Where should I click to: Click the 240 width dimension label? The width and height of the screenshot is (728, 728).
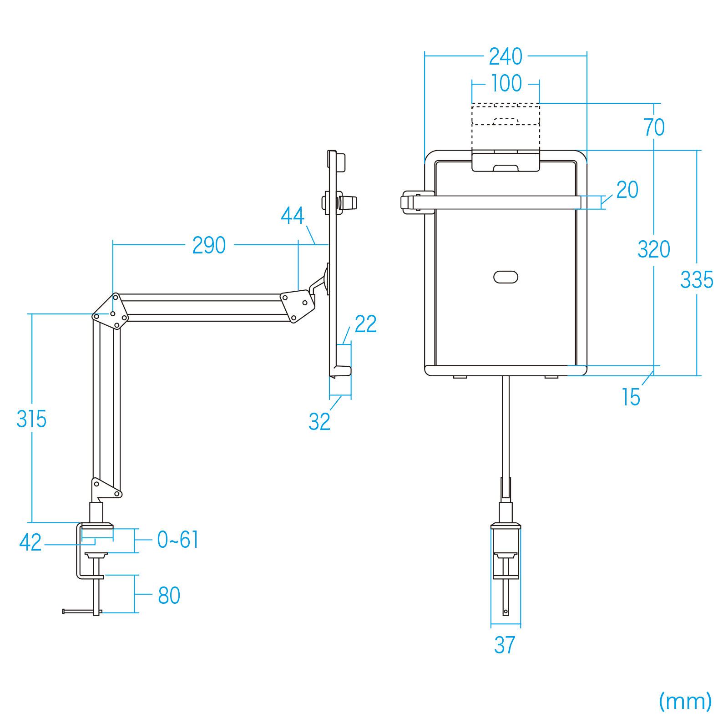(x=506, y=56)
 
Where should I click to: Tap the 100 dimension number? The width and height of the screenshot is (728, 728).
(x=506, y=83)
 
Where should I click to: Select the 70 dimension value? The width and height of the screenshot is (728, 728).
(x=654, y=127)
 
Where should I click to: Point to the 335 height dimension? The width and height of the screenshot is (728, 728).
(x=697, y=279)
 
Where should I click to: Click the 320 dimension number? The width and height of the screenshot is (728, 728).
(x=654, y=249)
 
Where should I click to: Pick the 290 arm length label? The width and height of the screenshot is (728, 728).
(x=209, y=245)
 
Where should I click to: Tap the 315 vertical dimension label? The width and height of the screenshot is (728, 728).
(x=31, y=419)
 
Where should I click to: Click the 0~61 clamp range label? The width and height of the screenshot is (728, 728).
(x=178, y=540)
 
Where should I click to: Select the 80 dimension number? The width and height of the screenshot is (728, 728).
(x=169, y=596)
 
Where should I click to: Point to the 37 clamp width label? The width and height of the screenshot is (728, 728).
(x=505, y=645)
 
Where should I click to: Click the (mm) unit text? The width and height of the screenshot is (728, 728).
(x=685, y=701)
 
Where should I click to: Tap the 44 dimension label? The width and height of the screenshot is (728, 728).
(x=292, y=216)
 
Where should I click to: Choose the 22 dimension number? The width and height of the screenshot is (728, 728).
(x=366, y=324)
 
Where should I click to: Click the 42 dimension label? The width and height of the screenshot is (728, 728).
(x=30, y=542)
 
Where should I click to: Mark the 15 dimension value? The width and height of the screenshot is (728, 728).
(x=631, y=397)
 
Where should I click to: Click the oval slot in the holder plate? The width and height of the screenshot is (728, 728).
(x=506, y=277)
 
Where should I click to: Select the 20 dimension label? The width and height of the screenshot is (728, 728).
(x=627, y=190)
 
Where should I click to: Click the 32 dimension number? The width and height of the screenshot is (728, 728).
(x=319, y=422)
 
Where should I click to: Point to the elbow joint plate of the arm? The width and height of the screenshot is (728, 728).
(x=111, y=312)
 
